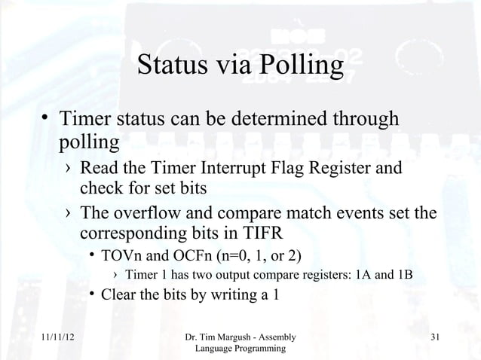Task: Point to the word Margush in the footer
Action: point(247,337)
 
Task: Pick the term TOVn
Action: point(121,252)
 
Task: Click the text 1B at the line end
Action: point(404,273)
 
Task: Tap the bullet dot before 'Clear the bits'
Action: point(90,294)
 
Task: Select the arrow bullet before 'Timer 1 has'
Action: point(112,273)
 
